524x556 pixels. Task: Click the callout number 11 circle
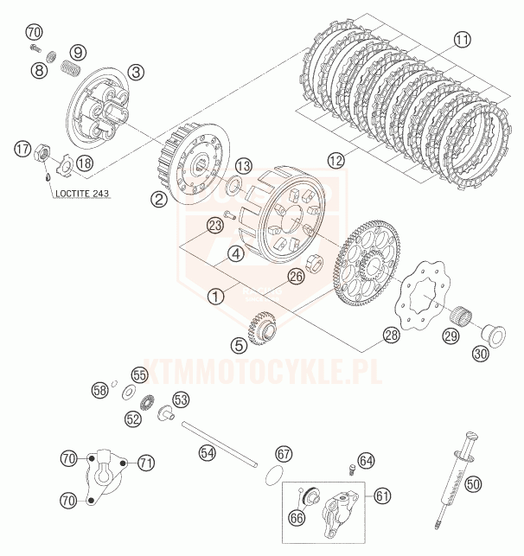(463, 39)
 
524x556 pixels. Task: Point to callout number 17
(22, 150)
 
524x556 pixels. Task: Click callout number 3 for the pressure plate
(137, 72)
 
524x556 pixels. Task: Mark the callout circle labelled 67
(284, 453)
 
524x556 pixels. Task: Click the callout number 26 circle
(297, 278)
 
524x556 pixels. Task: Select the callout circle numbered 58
(100, 390)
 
